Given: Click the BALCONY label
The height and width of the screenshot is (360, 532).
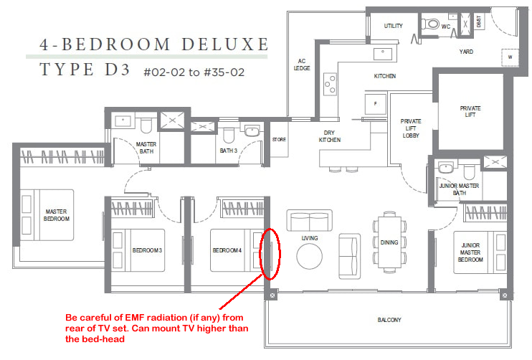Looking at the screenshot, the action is (x=389, y=320).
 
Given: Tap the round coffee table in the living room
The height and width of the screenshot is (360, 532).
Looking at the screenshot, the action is (x=310, y=257).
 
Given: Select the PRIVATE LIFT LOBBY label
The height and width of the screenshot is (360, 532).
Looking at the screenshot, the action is (x=411, y=128).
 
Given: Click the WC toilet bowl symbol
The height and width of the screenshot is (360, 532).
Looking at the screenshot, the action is (x=430, y=24).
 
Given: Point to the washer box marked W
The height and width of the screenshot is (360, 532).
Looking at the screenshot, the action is (x=510, y=57).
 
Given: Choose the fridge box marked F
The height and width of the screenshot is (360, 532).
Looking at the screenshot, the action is (x=375, y=103).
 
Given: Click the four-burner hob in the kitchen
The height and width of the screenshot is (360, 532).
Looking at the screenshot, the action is (x=330, y=84).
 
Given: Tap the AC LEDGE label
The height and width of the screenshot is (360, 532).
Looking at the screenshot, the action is (x=302, y=65).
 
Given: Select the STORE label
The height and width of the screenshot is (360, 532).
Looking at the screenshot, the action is (x=279, y=139).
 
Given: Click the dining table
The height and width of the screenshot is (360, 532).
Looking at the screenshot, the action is (x=389, y=242).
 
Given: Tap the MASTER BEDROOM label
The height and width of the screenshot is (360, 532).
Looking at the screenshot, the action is (x=57, y=215).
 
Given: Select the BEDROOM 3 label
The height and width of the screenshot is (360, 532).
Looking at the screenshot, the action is (x=147, y=250).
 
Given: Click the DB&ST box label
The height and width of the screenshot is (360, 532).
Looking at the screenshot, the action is (x=479, y=22).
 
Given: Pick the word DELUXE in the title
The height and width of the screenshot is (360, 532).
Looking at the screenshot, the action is (x=225, y=44).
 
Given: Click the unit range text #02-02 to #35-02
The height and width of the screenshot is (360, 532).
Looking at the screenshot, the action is (x=194, y=72).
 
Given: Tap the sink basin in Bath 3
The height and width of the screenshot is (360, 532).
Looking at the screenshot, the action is (x=252, y=131).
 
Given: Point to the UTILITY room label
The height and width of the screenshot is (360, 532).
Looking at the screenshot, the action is (x=393, y=26).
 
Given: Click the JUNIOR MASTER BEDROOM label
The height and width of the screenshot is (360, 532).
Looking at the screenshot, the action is (x=470, y=252).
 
